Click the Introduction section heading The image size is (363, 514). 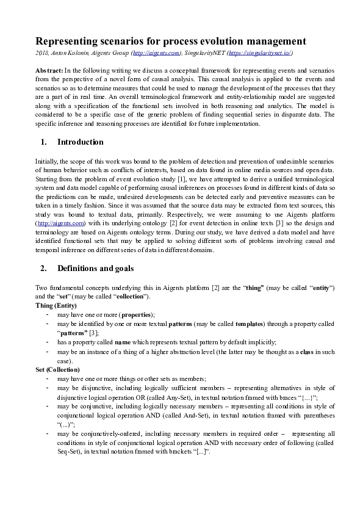click(x=80, y=142)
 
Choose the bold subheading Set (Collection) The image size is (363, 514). click(x=57, y=370)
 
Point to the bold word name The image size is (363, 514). click(x=123, y=342)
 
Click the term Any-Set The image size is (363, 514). click(x=174, y=396)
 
